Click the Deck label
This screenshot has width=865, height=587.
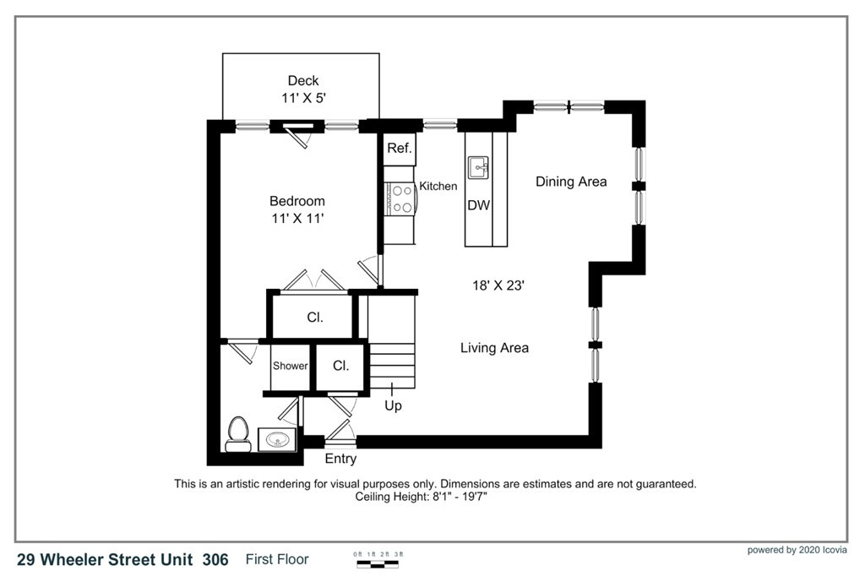(303, 81)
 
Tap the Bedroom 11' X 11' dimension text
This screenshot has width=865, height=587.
(297, 218)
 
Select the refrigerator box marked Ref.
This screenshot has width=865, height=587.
(399, 149)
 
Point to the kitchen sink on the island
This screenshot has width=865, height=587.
(479, 166)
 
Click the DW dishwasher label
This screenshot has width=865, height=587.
(479, 205)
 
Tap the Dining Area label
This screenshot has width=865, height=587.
(571, 182)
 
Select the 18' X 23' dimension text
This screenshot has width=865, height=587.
(498, 285)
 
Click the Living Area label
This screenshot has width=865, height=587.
(494, 347)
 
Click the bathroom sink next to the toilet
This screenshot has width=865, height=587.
(276, 440)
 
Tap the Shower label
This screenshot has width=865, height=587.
(290, 367)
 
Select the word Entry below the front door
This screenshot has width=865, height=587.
(340, 459)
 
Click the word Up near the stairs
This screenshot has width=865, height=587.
(393, 405)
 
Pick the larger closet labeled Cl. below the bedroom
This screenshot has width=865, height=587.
(314, 318)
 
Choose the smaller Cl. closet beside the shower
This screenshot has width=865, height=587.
(340, 367)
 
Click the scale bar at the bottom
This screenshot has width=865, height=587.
(378, 560)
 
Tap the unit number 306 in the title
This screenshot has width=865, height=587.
(215, 559)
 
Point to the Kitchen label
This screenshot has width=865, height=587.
(438, 186)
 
